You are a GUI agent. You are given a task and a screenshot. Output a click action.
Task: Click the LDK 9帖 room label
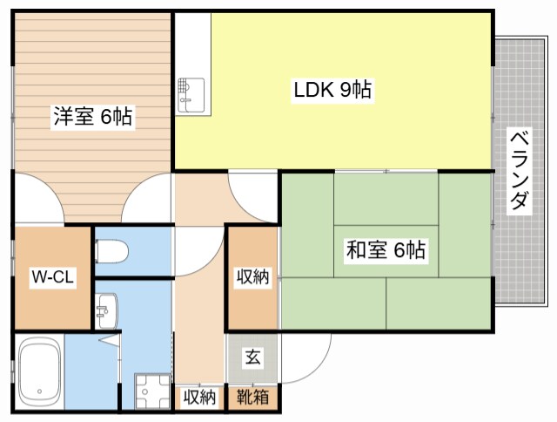pyautogui.click(x=332, y=90)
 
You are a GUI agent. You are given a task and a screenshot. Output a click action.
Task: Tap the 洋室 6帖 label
pyautogui.click(x=93, y=116)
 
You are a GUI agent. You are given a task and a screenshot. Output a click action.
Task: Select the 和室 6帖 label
pyautogui.click(x=386, y=249)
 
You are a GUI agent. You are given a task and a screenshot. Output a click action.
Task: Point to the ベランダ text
pyautogui.click(x=519, y=171)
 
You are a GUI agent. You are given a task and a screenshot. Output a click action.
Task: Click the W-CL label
pyautogui.click(x=52, y=276)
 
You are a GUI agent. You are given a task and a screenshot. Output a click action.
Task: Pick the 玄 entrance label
pyautogui.click(x=253, y=357)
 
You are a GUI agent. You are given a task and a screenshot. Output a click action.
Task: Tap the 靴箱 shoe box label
pyautogui.click(x=253, y=397)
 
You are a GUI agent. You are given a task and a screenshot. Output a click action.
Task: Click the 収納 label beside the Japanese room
pyautogui.click(x=253, y=276)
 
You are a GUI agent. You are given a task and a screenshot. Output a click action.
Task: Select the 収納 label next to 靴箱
pyautogui.click(x=199, y=397)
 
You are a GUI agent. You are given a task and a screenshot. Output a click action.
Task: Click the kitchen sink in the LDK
pyautogui.click(x=191, y=95)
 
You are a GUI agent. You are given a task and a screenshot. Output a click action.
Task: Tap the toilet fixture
pyautogui.click(x=111, y=251)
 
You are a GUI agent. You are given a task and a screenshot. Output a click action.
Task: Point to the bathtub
pyautogui.click(x=39, y=372)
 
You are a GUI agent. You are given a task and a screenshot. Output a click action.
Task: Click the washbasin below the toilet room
pyautogui.click(x=106, y=310)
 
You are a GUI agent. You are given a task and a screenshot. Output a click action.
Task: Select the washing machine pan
pyautogui.click(x=152, y=391)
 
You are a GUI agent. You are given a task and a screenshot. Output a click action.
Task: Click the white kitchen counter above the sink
pyautogui.click(x=193, y=45)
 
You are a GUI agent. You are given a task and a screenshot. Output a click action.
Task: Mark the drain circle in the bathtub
pyautogui.click(x=39, y=391)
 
